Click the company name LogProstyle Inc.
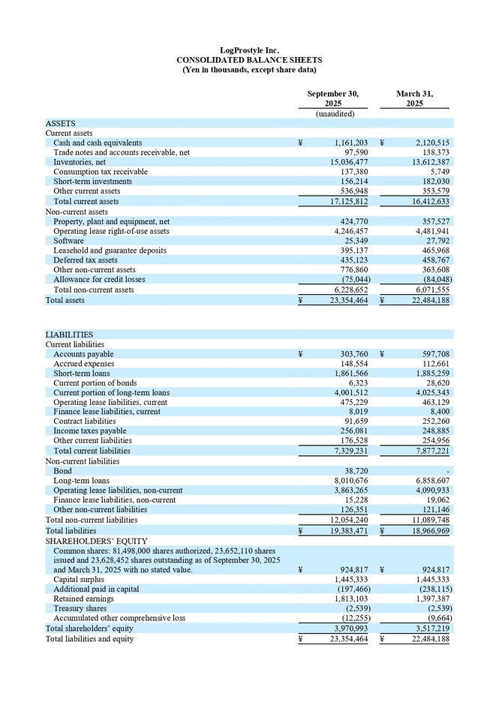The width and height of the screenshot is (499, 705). (x=249, y=50)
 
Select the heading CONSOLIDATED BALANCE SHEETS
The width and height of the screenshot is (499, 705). (x=249, y=60)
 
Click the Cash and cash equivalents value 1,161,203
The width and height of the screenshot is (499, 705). (x=346, y=142)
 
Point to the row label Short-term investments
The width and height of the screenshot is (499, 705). (x=92, y=181)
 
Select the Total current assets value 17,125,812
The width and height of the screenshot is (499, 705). (x=346, y=201)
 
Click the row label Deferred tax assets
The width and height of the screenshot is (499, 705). (x=85, y=260)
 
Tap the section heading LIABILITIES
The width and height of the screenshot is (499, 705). (x=70, y=334)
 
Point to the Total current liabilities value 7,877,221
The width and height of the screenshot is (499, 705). (x=428, y=451)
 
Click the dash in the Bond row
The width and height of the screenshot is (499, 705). (x=448, y=471)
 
